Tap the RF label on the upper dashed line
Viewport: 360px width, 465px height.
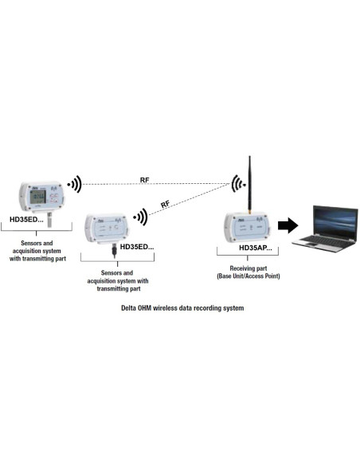point(144,180)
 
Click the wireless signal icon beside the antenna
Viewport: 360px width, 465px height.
point(237,185)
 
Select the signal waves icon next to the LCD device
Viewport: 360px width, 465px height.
point(74,185)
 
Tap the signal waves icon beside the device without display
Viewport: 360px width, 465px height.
point(141,216)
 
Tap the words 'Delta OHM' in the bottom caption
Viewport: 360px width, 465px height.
point(139,307)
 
